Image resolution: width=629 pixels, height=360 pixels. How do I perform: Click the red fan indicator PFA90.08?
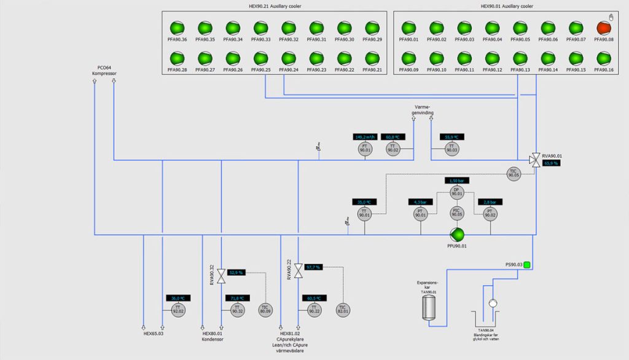point(602,28)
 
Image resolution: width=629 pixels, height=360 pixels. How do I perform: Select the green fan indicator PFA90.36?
point(177,28)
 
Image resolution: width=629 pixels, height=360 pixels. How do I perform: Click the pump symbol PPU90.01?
point(456,234)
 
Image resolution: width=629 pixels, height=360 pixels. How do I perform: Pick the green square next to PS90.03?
point(526,265)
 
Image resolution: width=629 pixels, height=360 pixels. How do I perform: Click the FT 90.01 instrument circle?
point(365,148)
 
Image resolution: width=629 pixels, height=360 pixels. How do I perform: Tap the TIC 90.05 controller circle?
point(514,174)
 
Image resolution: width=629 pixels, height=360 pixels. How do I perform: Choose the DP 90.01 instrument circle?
point(456,192)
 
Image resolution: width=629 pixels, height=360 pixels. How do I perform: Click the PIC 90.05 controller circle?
point(456,213)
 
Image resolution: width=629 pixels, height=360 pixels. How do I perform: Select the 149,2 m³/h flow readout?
point(365,136)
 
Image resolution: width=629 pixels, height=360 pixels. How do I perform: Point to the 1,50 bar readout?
point(456,181)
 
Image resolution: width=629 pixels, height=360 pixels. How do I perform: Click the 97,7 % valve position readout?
point(313,267)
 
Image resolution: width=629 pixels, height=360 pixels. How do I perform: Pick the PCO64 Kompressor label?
point(104,70)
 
